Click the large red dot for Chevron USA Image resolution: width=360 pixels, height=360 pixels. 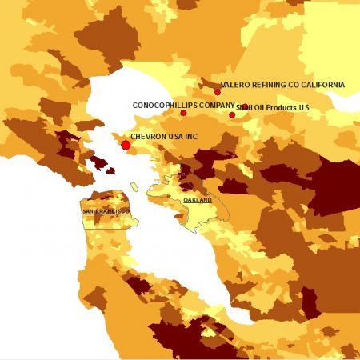(x=126, y=145)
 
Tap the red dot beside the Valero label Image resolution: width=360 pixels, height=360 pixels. (x=217, y=92)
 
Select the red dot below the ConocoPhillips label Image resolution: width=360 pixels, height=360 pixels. (x=183, y=113)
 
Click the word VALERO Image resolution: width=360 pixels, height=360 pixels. (x=236, y=84)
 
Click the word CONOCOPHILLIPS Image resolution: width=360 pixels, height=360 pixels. (x=160, y=105)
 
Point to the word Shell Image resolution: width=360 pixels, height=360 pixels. (x=244, y=108)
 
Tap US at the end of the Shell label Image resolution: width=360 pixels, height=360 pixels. (x=303, y=108)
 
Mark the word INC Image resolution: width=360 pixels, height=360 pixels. (x=190, y=137)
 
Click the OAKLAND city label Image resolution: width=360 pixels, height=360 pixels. (x=198, y=199)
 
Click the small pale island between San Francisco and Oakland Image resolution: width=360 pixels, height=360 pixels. (x=134, y=187)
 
